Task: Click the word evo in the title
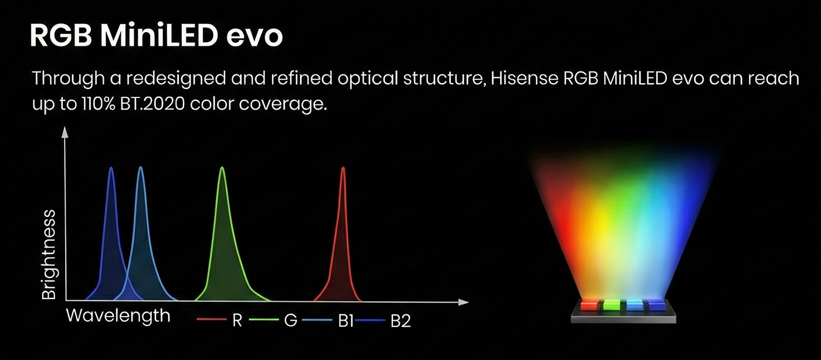click(x=255, y=36)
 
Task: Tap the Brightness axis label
click(x=49, y=255)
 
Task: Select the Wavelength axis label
click(x=118, y=315)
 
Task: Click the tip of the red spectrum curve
click(x=343, y=168)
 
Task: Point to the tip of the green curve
click(x=222, y=168)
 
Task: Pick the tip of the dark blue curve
click(x=111, y=168)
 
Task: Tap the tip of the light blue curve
click(x=140, y=168)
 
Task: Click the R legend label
click(x=237, y=321)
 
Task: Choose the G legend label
click(x=291, y=321)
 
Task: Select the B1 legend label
click(x=345, y=321)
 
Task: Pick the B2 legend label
click(x=400, y=321)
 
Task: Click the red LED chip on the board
click(x=589, y=305)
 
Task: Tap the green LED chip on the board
click(x=612, y=305)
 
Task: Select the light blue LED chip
click(x=635, y=305)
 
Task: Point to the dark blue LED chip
click(x=656, y=305)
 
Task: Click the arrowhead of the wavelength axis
click(x=464, y=302)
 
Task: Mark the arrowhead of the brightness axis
click(x=65, y=132)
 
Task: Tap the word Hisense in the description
click(x=524, y=78)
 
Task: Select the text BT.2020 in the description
click(x=152, y=104)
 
